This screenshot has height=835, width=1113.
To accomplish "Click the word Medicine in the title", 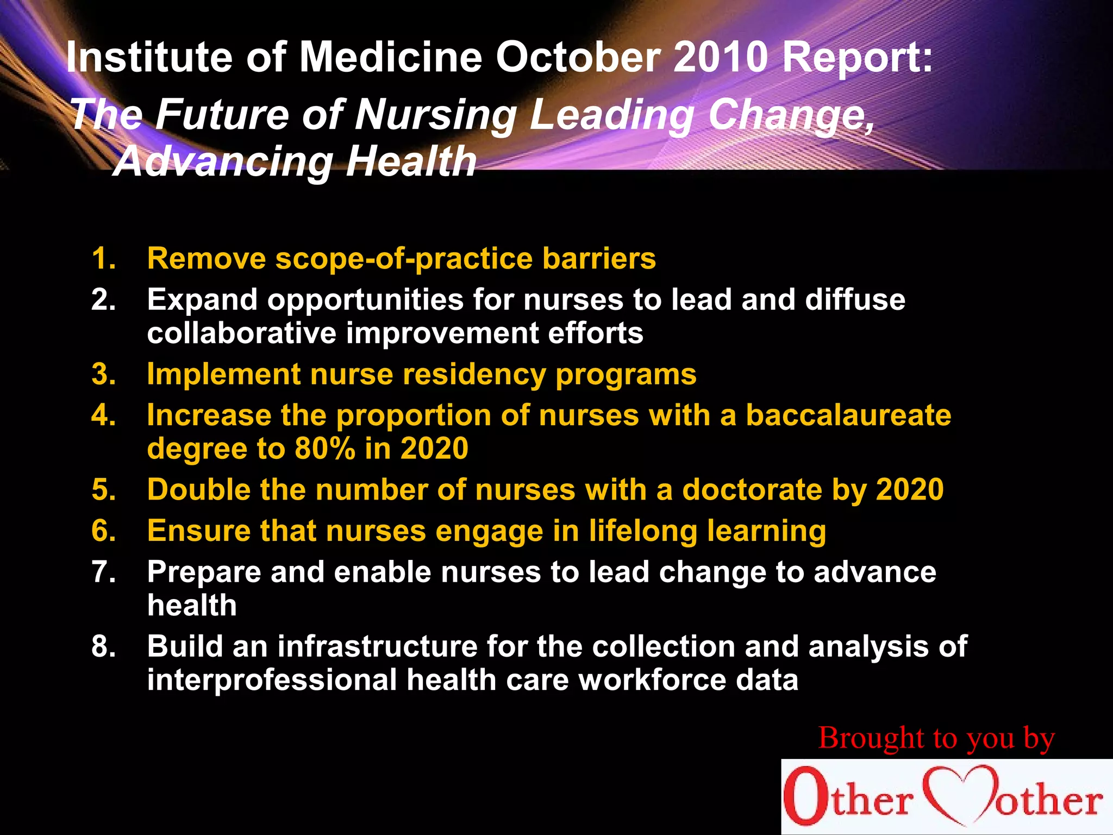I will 391,57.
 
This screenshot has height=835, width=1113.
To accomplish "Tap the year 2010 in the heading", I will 721,57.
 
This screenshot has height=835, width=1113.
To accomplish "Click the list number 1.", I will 103,258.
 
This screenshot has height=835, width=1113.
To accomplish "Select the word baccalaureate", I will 848,415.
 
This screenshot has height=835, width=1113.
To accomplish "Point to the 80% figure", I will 325,448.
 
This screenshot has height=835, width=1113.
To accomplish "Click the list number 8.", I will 103,646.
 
